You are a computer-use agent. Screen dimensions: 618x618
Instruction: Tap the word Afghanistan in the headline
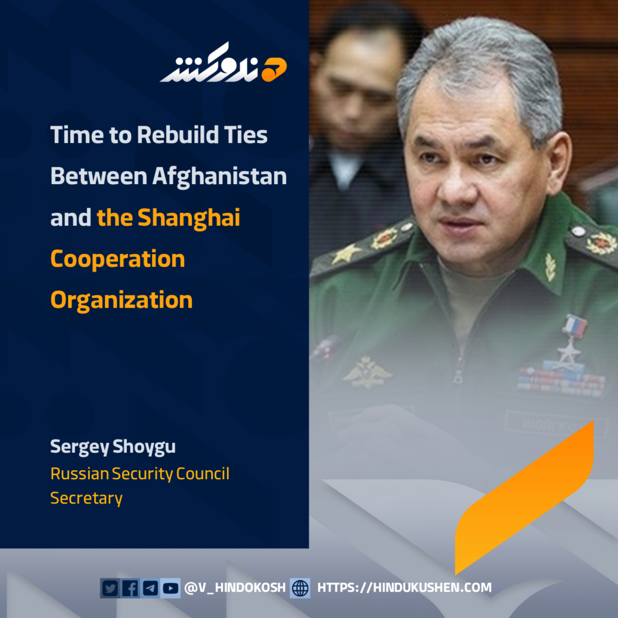(x=220, y=176)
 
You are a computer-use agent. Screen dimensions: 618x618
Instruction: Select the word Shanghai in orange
(x=188, y=217)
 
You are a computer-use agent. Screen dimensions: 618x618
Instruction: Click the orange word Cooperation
(x=118, y=259)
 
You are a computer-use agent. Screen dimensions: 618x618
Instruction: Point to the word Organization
(x=121, y=301)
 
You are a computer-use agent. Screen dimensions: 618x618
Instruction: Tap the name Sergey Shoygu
(x=113, y=447)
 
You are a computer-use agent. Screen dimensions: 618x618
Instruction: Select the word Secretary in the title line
(x=86, y=498)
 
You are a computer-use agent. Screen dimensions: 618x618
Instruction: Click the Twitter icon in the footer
(x=110, y=588)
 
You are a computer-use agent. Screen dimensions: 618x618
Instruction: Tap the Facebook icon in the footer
(x=130, y=588)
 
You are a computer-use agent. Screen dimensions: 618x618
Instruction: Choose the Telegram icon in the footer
(x=150, y=588)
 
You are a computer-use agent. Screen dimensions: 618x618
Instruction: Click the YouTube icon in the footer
(x=170, y=588)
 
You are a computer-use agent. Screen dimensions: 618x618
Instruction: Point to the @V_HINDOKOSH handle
(x=235, y=588)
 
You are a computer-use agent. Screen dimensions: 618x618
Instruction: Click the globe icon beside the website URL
(x=300, y=588)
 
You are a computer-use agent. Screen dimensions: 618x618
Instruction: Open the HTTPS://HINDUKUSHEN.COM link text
(x=404, y=588)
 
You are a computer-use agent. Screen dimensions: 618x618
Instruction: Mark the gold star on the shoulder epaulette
(x=345, y=254)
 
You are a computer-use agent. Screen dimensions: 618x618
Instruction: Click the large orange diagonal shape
(x=524, y=497)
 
